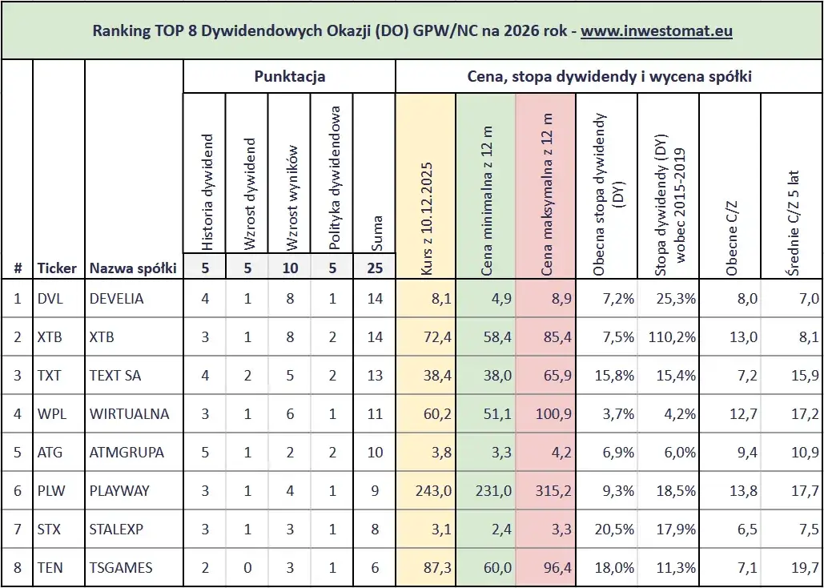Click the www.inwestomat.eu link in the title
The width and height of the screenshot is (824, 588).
click(x=657, y=31)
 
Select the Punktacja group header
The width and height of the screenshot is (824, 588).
click(x=289, y=77)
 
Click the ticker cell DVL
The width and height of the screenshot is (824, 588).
click(x=50, y=299)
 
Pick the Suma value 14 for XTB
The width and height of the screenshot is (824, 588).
click(x=374, y=337)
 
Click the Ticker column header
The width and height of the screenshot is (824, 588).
click(x=57, y=268)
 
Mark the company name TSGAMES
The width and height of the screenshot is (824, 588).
click(x=121, y=568)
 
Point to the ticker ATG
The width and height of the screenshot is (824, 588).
click(x=50, y=453)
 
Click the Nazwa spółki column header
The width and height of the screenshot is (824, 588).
click(x=133, y=268)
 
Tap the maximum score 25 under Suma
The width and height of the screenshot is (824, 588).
click(x=375, y=268)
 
